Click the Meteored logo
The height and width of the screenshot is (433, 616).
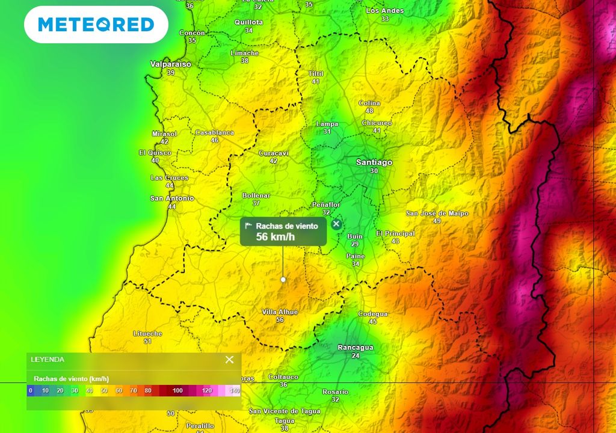96,25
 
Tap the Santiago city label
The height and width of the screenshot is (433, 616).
374,162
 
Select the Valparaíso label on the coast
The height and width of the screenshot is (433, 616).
171,64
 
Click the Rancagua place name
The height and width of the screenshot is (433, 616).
355,348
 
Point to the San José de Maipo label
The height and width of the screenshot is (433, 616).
437,213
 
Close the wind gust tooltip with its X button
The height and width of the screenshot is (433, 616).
336,224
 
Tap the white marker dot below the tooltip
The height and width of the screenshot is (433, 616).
283,280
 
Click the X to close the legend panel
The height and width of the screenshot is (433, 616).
229,360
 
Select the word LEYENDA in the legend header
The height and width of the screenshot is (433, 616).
48,360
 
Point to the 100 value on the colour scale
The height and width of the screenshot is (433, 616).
177,391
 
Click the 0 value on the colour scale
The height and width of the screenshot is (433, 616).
31,391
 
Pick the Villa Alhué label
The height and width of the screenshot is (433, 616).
280,312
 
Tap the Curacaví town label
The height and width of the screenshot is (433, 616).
274,153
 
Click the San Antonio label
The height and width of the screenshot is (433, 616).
172,198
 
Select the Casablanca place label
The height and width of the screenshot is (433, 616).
215,132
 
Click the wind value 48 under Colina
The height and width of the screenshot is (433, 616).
369,111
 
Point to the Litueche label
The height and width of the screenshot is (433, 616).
147,333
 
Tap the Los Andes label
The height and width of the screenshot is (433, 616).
385,11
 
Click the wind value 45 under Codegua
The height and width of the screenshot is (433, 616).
373,322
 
